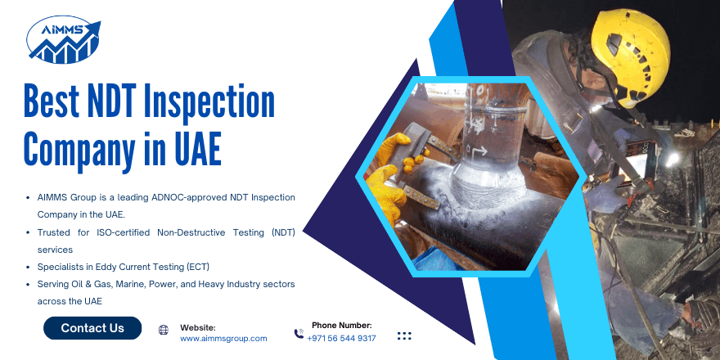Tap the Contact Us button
pos(92,328)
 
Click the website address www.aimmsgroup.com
pos(223,338)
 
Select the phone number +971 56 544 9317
pos(341,338)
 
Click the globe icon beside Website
pos(164,330)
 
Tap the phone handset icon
pos(299,333)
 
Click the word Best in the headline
pos(51,103)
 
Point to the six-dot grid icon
pos(403,335)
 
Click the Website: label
pos(197,327)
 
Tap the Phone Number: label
pos(341,325)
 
